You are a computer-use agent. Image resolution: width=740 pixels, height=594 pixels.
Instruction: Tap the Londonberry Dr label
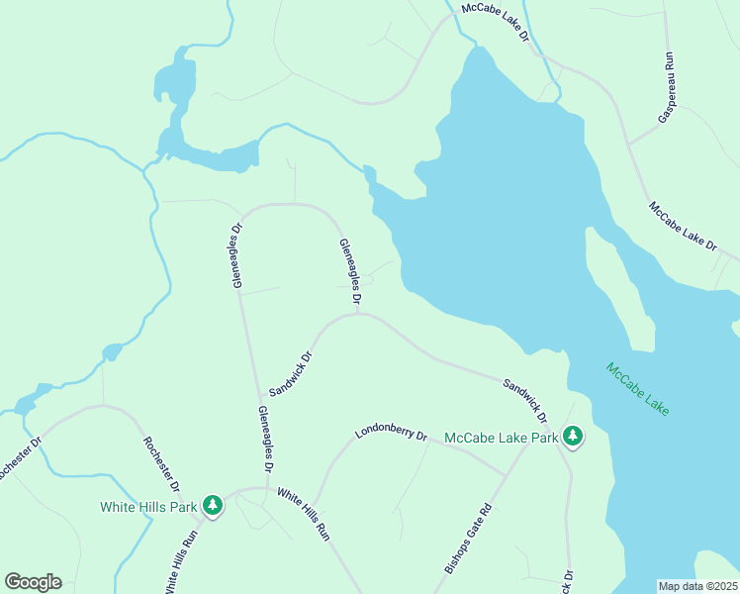[391, 435]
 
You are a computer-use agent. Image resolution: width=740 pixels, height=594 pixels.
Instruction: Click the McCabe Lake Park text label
[502, 437]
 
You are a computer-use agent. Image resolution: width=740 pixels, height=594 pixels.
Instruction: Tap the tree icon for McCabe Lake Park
[572, 436]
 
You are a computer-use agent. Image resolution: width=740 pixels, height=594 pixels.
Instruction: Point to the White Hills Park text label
[148, 507]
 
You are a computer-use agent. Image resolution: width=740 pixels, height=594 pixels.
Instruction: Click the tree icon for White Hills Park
[212, 506]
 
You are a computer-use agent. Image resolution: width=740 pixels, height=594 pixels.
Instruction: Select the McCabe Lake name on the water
[637, 389]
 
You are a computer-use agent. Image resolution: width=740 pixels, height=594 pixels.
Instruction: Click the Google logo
[33, 582]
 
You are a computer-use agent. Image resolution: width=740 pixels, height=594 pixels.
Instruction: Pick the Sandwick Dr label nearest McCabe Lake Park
[524, 397]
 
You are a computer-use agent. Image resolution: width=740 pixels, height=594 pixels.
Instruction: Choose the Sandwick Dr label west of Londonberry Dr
[291, 373]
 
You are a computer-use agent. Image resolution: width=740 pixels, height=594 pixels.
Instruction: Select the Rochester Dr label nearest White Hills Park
[161, 464]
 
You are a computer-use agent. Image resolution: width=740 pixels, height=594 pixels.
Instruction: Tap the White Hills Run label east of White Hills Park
[303, 513]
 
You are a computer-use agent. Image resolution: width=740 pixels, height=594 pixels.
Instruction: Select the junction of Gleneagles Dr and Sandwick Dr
[357, 315]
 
